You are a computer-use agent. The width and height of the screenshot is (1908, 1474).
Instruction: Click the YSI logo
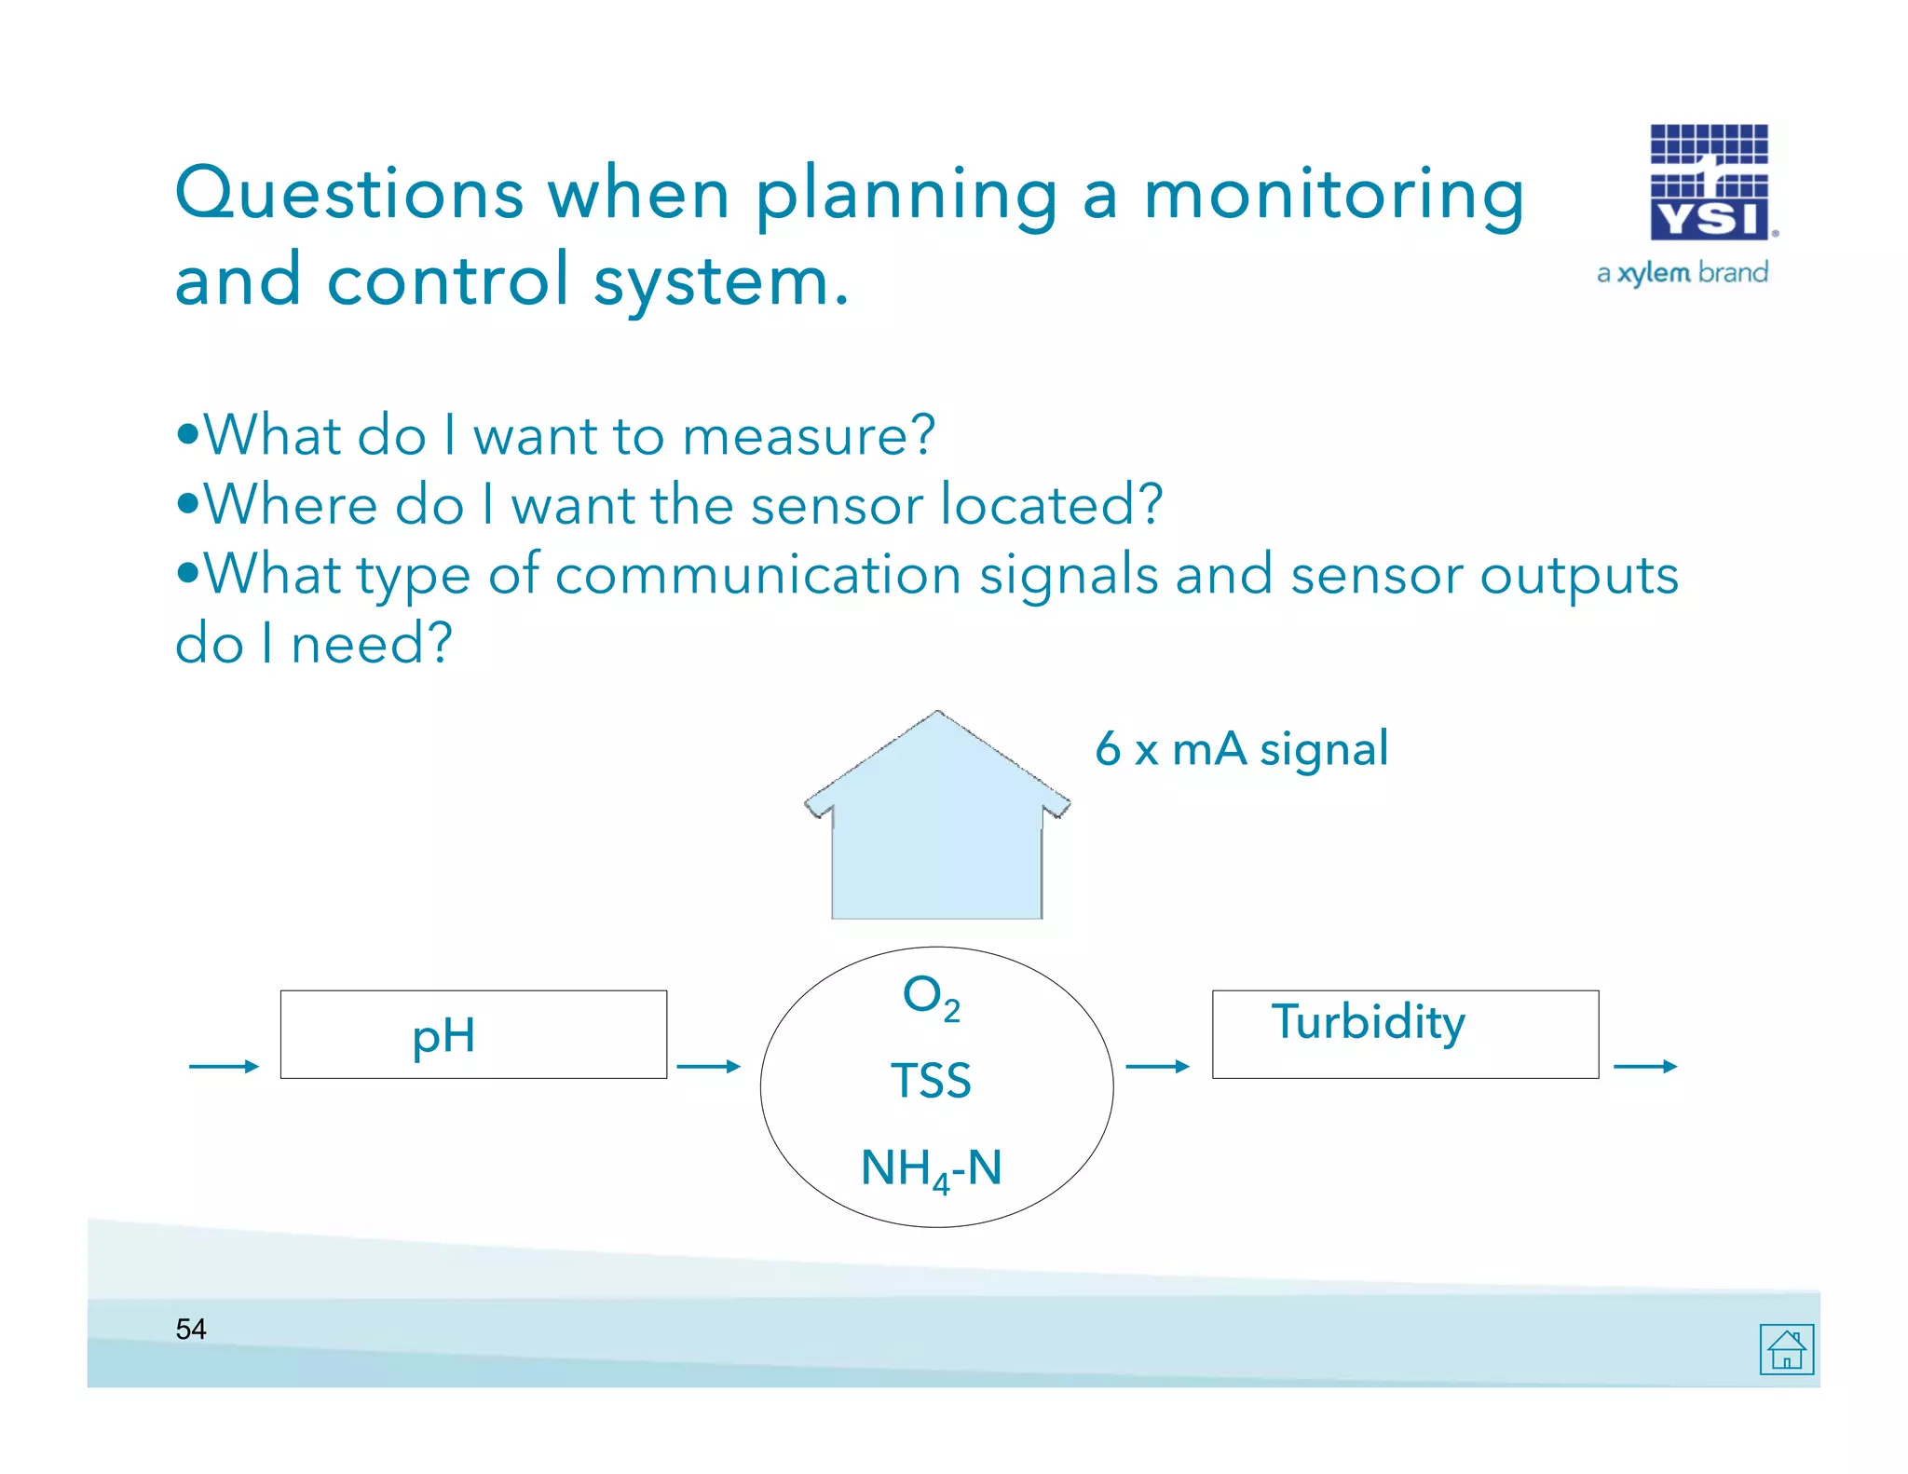(1709, 183)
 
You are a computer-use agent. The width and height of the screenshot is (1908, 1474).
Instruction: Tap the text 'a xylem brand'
(1683, 273)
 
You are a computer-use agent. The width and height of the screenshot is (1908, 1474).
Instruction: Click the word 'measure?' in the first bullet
(808, 435)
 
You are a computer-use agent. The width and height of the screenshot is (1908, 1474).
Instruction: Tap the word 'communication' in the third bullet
(758, 574)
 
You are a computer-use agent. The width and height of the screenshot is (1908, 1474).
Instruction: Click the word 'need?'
(372, 643)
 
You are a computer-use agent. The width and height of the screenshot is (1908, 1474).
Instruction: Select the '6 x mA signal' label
(1241, 748)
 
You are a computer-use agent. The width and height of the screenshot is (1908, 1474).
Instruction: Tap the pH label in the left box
(443, 1037)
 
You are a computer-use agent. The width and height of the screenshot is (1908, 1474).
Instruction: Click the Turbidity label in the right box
(1368, 1022)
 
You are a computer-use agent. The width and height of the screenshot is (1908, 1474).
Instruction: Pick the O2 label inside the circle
(931, 996)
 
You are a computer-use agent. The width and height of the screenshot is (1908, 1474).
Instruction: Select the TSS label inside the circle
(931, 1081)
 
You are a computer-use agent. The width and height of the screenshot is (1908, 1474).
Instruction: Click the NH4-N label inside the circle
(931, 1167)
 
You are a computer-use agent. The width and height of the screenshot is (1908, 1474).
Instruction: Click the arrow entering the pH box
(224, 1066)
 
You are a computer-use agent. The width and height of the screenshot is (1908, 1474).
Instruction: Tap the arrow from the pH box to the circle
(708, 1066)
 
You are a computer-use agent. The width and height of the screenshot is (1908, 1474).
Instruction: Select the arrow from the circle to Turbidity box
(1157, 1066)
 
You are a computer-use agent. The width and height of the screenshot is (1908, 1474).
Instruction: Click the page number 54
(191, 1329)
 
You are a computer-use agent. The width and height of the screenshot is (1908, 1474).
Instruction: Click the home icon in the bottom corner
(1786, 1349)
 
